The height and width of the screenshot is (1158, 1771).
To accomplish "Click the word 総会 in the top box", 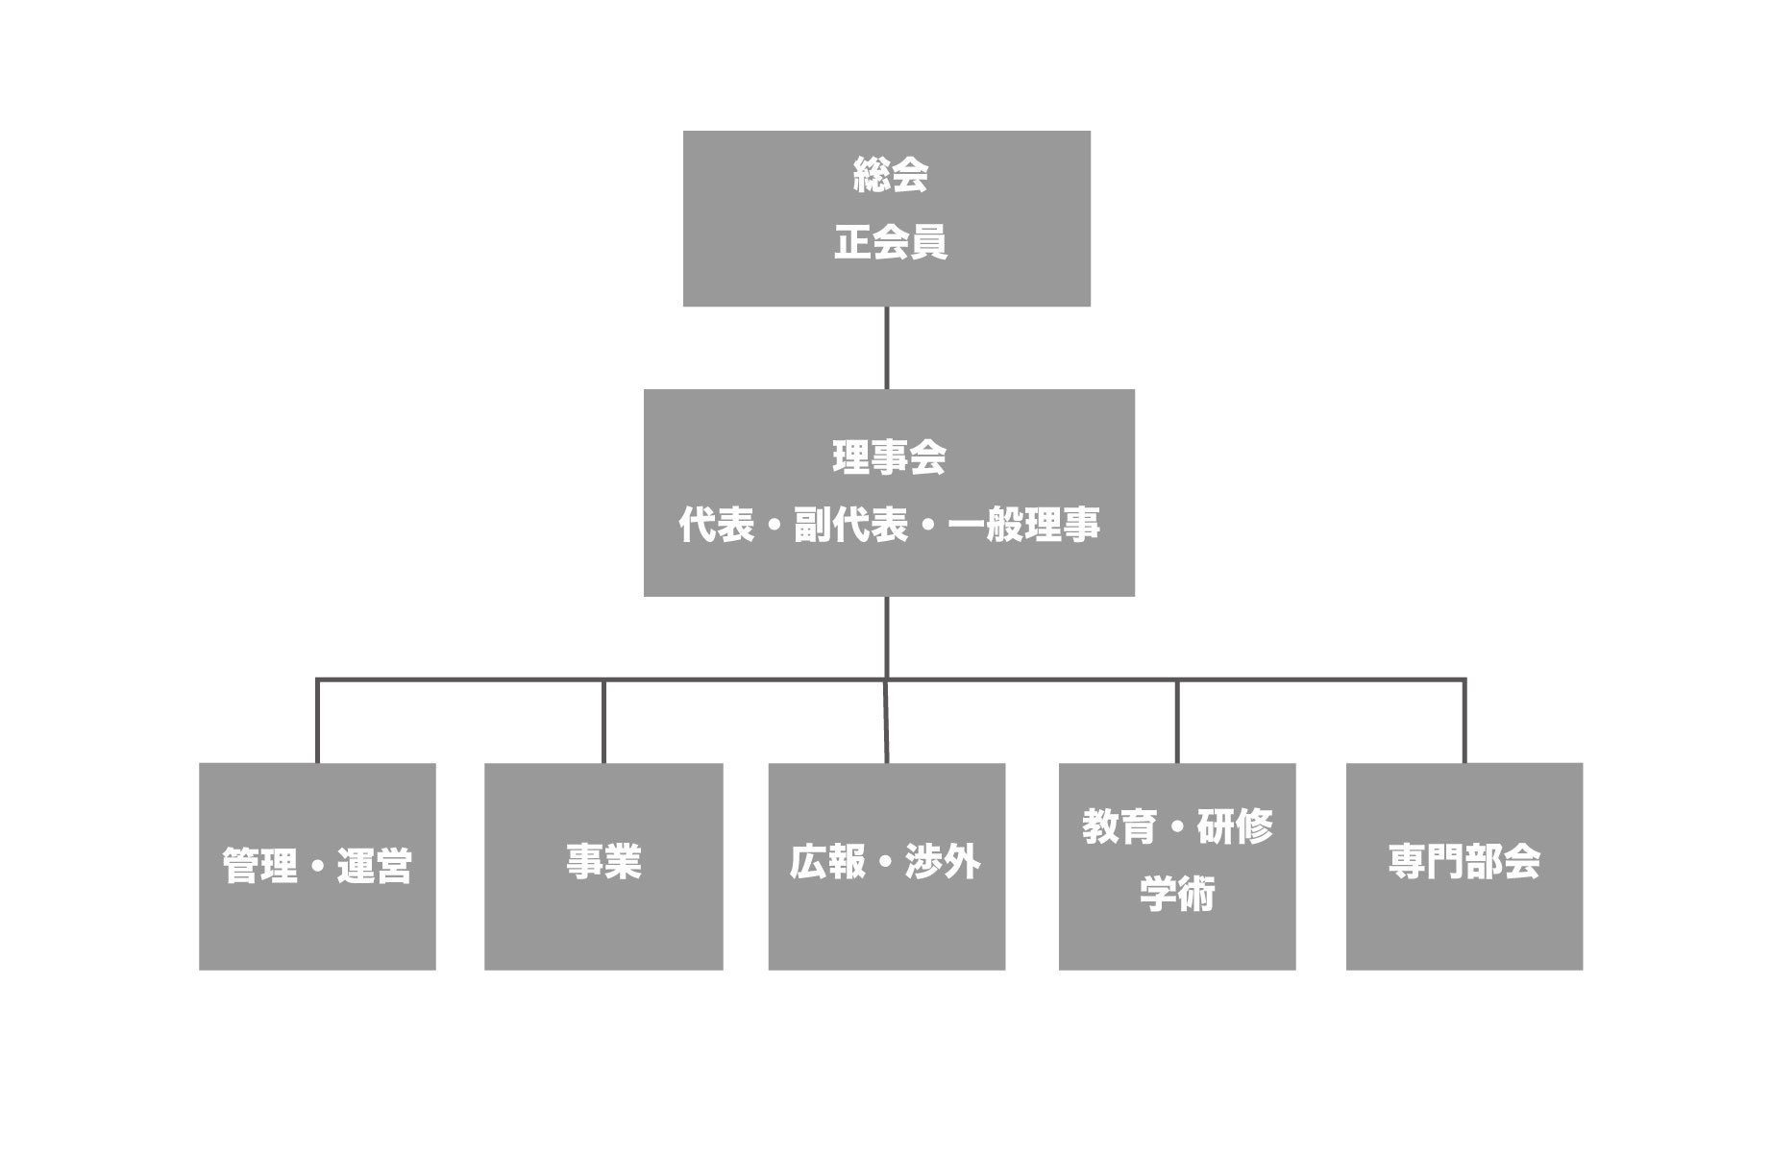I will tap(890, 176).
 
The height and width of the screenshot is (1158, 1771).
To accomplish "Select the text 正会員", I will tap(890, 242).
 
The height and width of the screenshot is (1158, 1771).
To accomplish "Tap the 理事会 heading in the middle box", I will tap(889, 456).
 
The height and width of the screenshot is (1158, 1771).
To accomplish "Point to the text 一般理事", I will tap(1023, 525).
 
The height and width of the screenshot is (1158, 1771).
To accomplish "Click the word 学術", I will tap(1177, 894).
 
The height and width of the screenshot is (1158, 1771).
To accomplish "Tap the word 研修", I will tap(1235, 826).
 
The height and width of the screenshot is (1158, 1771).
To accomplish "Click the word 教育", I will tap(1119, 826).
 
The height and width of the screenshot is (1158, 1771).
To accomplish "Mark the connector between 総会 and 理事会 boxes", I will tap(886, 348).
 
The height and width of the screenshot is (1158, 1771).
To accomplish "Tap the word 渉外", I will tap(943, 862).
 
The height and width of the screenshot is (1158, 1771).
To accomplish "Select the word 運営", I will tap(375, 866).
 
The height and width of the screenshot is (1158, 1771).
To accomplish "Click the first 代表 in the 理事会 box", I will tap(716, 525).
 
